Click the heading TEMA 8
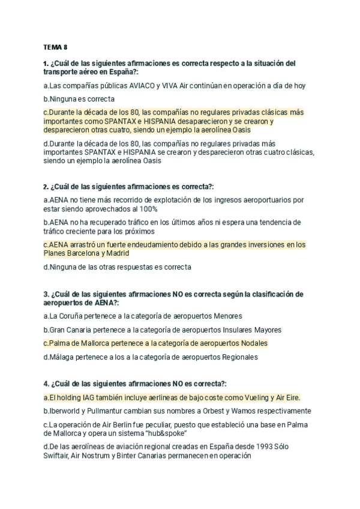point(55,46)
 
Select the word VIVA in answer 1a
point(172,86)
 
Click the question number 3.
point(46,294)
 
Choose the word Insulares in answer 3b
point(226,330)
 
